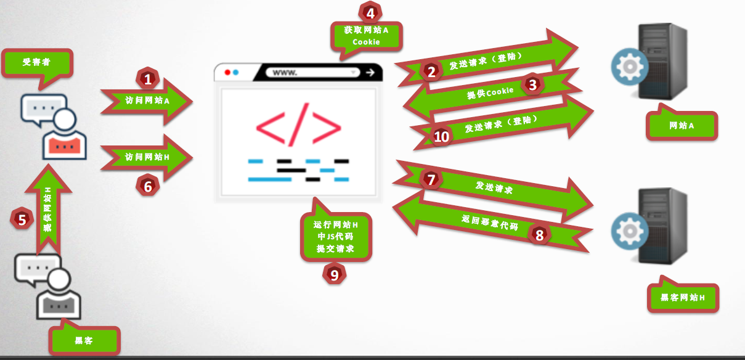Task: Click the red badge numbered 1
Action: (147, 78)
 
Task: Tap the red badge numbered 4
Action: (370, 12)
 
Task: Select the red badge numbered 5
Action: (23, 219)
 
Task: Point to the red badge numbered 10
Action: (441, 136)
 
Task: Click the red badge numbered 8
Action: (540, 235)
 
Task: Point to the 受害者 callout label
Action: (36, 62)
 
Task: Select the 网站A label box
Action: (682, 126)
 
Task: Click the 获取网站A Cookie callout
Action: (366, 36)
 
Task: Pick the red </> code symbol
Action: (299, 126)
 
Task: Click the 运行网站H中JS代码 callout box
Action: (336, 236)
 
